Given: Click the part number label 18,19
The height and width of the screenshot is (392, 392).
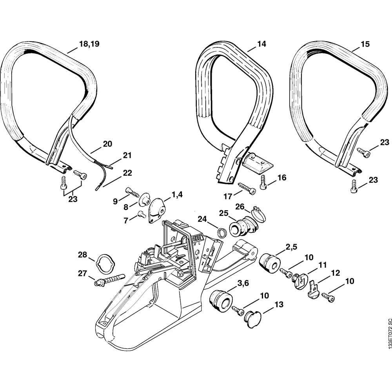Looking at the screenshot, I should point(89,44).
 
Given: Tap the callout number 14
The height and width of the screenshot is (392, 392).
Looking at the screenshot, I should point(261,44).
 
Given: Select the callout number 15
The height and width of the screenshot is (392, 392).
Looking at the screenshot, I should point(365,44).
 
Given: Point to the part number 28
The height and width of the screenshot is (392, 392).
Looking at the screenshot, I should point(82,255).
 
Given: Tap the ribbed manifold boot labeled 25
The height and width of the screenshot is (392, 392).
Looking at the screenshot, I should point(241,227).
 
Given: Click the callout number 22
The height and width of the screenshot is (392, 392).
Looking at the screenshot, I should point(127,173).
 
